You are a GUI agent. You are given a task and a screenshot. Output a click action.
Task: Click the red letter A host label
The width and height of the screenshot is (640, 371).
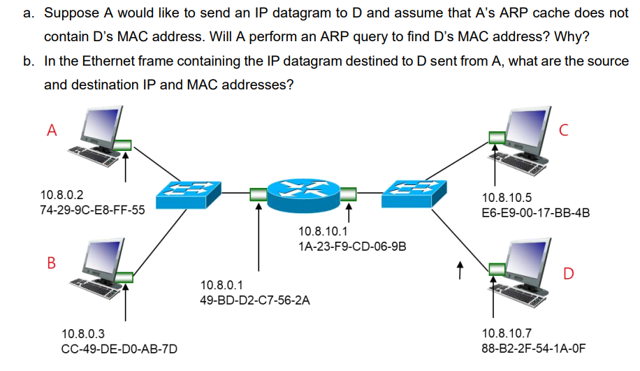pyautogui.click(x=51, y=129)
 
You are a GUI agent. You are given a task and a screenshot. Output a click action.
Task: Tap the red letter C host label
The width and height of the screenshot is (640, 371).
pyautogui.click(x=565, y=129)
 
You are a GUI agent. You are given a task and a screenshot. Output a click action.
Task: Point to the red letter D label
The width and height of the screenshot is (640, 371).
pyautogui.click(x=568, y=273)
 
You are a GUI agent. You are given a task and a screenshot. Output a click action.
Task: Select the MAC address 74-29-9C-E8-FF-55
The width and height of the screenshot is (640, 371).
pyautogui.click(x=93, y=210)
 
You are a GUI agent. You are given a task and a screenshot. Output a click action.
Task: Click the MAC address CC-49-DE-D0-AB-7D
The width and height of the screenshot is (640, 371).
pyautogui.click(x=115, y=349)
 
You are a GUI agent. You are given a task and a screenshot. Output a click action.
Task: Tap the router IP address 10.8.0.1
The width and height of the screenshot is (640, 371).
pyautogui.click(x=221, y=286)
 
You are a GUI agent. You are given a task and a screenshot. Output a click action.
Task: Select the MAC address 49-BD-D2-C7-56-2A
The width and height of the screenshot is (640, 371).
pyautogui.click(x=254, y=300)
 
